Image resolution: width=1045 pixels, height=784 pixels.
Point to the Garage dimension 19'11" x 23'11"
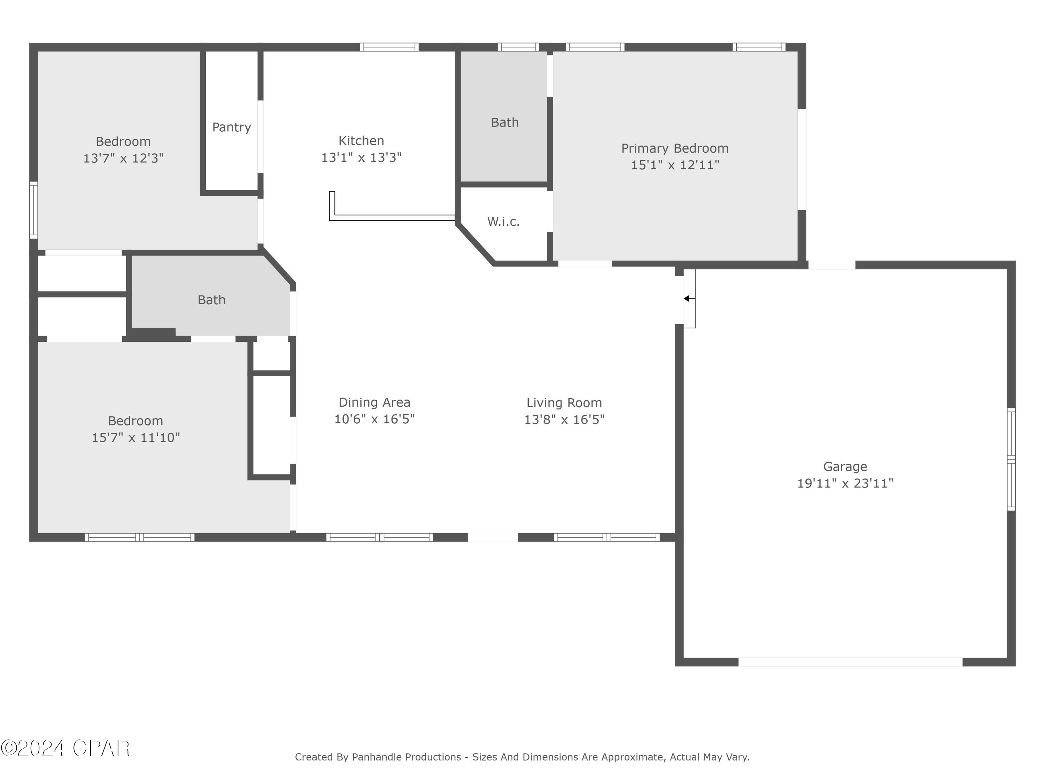(x=845, y=483)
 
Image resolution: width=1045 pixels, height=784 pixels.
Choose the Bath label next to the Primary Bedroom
(x=504, y=122)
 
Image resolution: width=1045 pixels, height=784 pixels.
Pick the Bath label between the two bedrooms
(x=211, y=300)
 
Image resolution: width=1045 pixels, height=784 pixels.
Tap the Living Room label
(x=564, y=403)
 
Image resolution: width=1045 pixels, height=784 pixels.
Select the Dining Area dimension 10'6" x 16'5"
(x=374, y=419)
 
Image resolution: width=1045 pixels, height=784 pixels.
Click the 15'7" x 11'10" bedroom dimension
(x=136, y=438)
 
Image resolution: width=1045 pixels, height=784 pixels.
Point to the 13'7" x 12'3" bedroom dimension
(x=123, y=158)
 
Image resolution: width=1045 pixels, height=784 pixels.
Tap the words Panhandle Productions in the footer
(x=406, y=757)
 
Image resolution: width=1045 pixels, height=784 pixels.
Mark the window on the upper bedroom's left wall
(x=33, y=210)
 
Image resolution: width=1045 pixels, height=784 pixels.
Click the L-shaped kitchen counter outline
(x=392, y=217)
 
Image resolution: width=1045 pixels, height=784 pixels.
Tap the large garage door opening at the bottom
(x=850, y=662)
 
